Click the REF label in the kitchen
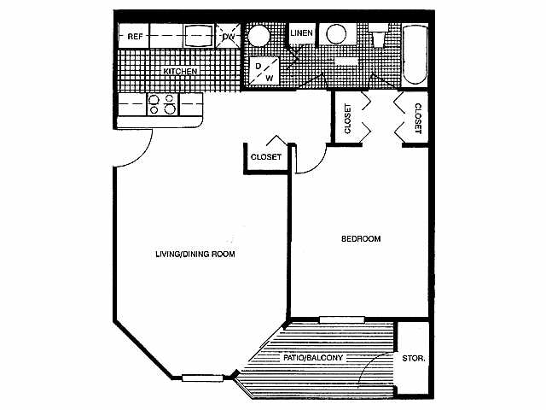click(135, 37)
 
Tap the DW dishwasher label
click(228, 37)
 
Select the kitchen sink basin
click(197, 36)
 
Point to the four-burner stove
click(163, 104)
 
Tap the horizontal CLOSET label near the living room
click(266, 157)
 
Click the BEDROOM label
click(361, 238)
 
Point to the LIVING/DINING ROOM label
click(195, 254)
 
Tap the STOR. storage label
click(414, 358)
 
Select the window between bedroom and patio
click(342, 320)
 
